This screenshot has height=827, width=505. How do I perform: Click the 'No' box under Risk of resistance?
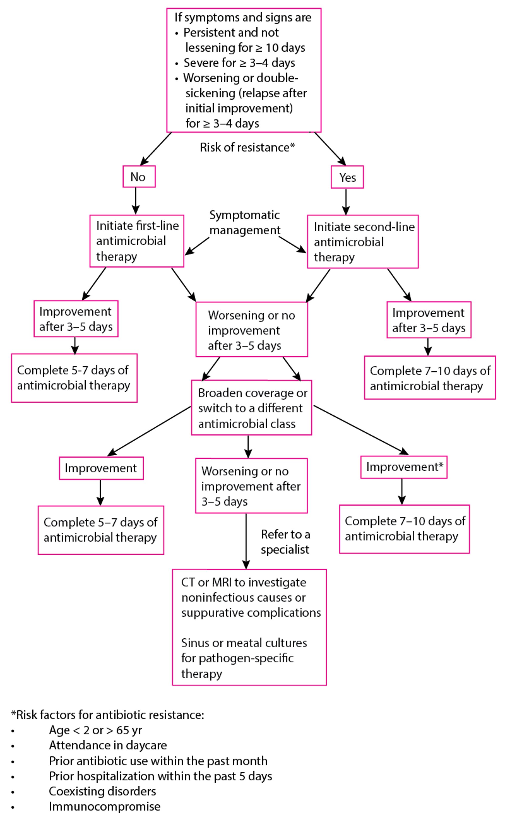pyautogui.click(x=139, y=177)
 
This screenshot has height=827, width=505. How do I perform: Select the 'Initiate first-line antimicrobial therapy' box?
pyautogui.click(x=137, y=241)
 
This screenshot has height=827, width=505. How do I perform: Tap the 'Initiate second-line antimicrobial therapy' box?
pyautogui.click(x=362, y=242)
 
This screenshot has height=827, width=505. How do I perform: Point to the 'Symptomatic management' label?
pyautogui.click(x=245, y=223)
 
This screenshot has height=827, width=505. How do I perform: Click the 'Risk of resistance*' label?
pyautogui.click(x=247, y=147)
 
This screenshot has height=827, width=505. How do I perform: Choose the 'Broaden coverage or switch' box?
pyautogui.click(x=251, y=408)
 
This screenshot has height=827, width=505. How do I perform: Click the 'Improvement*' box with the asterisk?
pyautogui.click(x=404, y=467)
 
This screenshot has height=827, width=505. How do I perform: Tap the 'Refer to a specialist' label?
pyautogui.click(x=285, y=542)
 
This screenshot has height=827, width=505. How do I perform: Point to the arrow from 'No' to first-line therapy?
pyautogui.click(x=135, y=201)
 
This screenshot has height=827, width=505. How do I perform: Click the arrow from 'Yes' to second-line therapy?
pyautogui.click(x=346, y=201)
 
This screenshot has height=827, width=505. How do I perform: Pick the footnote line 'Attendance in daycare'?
pyautogui.click(x=108, y=745)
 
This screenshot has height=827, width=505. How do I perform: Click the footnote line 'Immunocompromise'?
pyautogui.click(x=104, y=806)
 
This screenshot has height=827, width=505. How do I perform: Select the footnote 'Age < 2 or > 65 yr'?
pyautogui.click(x=95, y=730)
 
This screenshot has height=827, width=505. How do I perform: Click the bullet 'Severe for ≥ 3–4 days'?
pyautogui.click(x=239, y=63)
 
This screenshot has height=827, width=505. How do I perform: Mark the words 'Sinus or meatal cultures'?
pyautogui.click(x=244, y=643)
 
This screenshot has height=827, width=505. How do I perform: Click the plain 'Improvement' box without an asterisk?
pyautogui.click(x=101, y=468)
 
